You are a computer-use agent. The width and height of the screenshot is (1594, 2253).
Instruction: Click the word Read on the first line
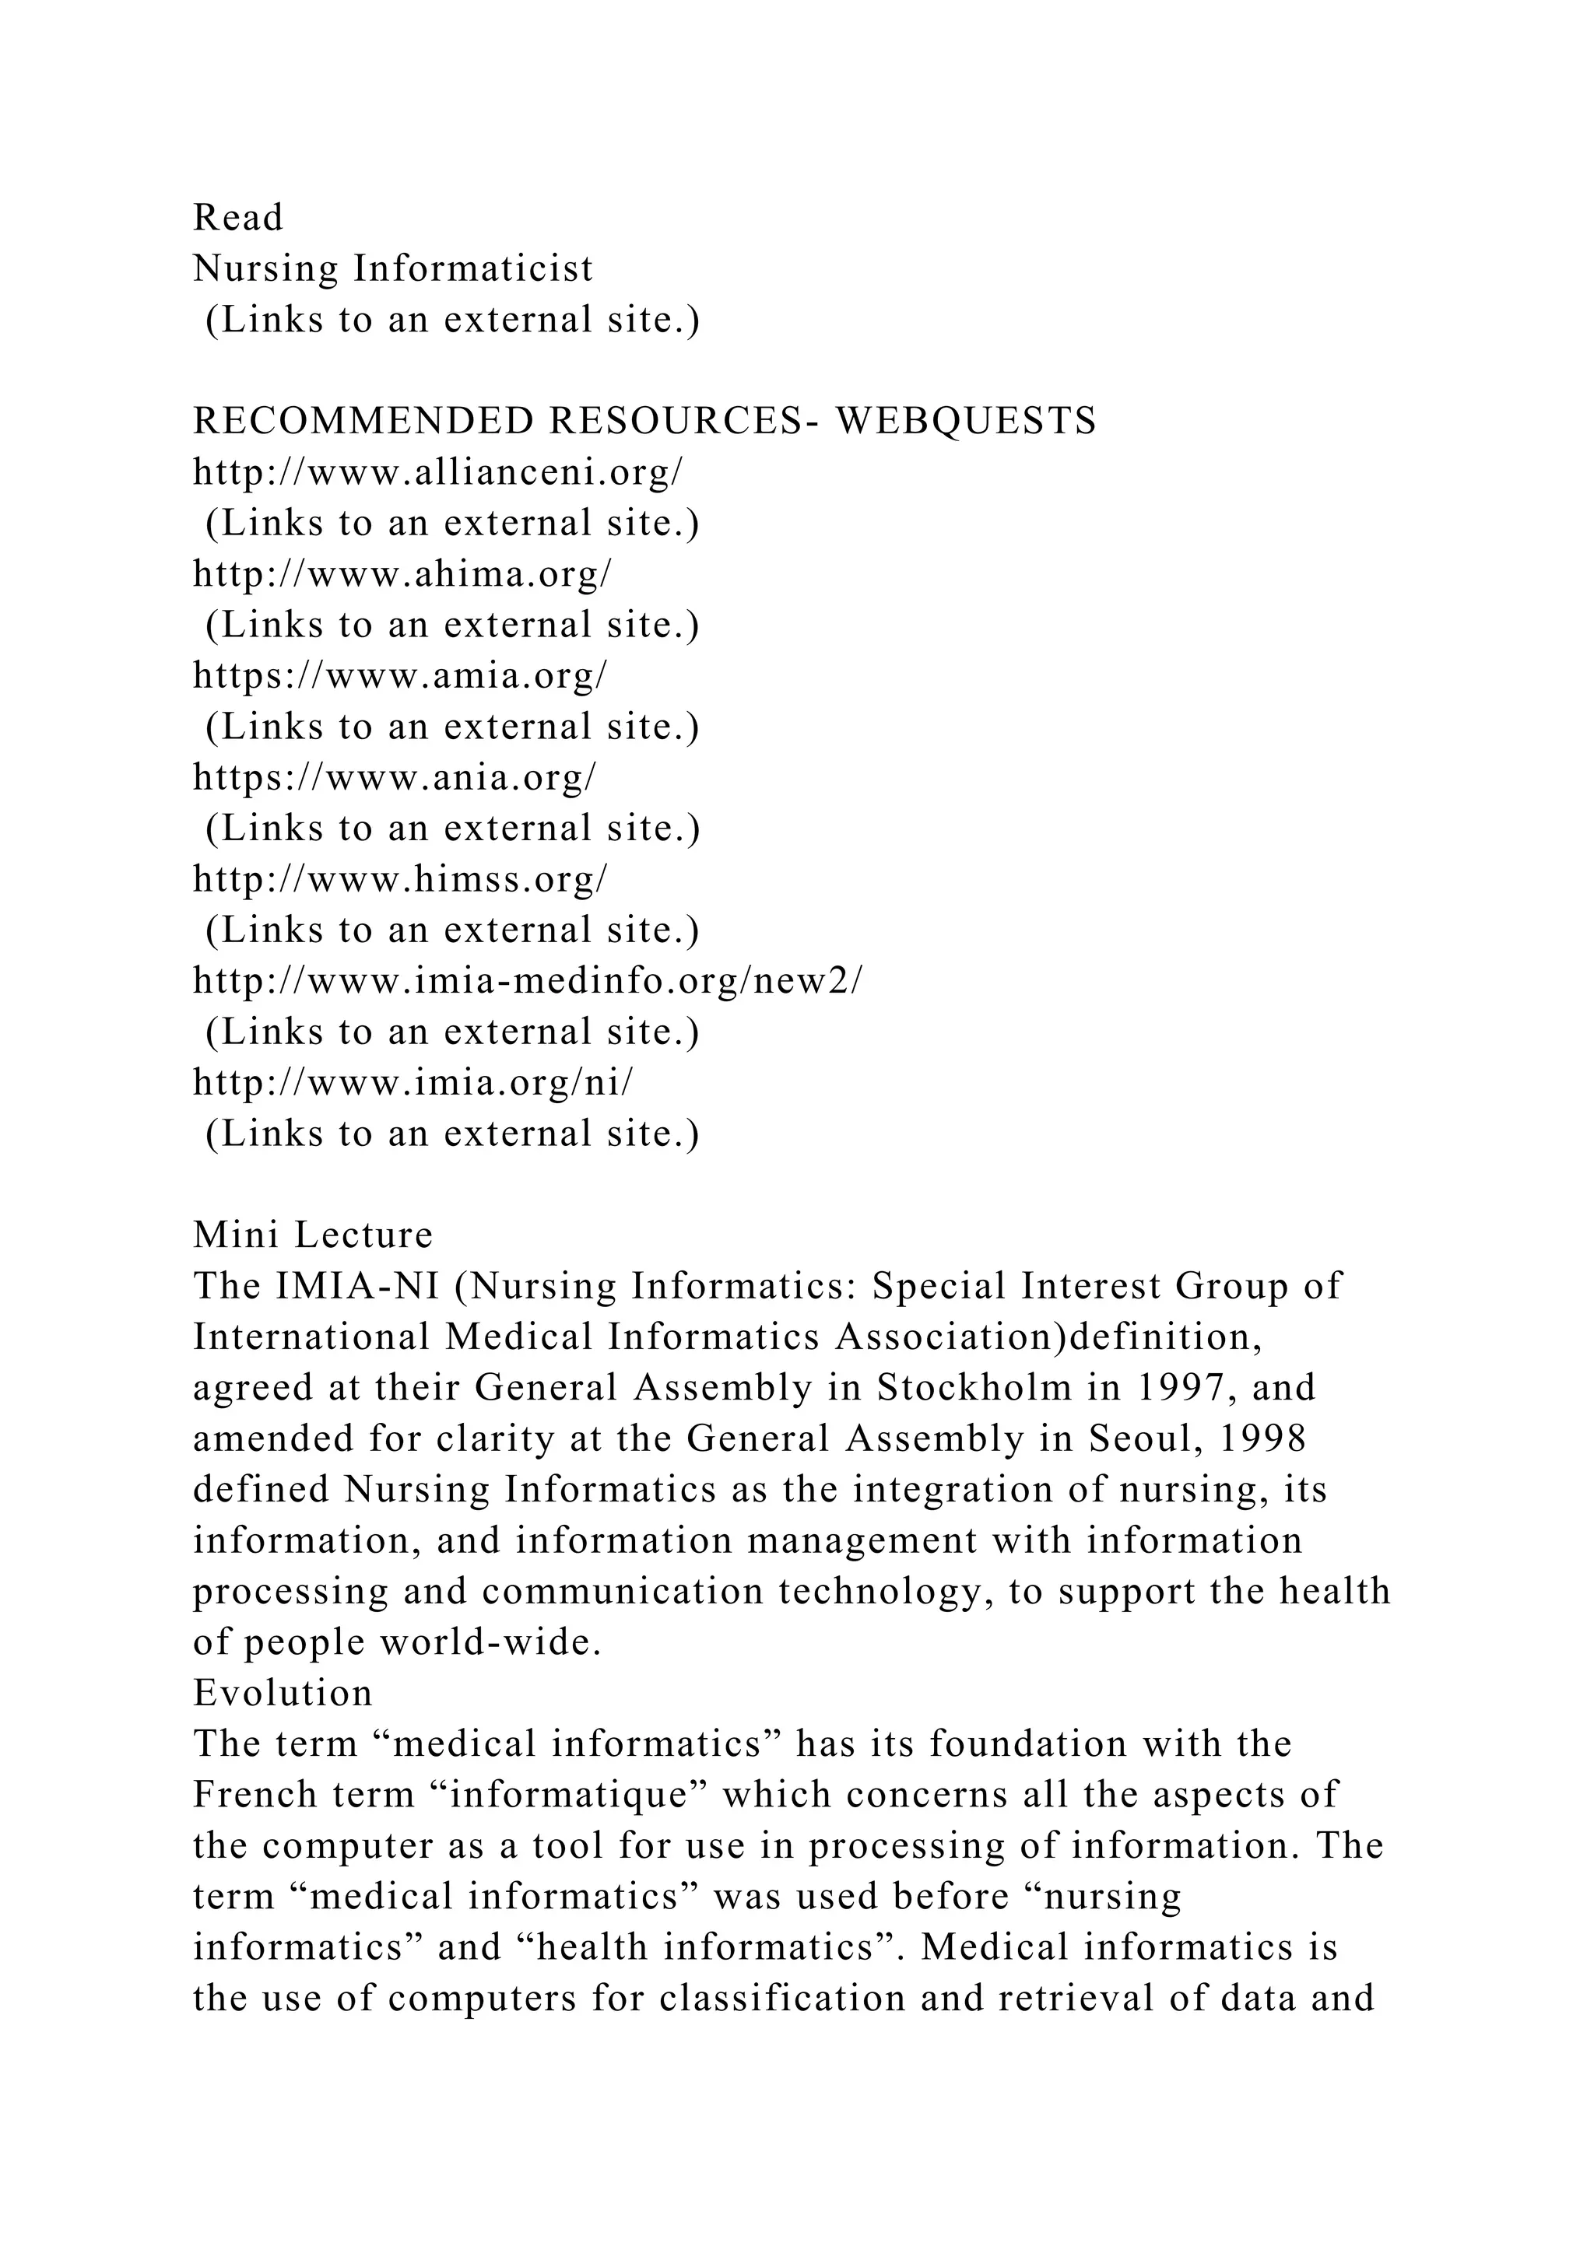pyautogui.click(x=237, y=218)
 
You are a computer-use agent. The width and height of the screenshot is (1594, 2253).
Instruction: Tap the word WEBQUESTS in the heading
pyautogui.click(x=966, y=421)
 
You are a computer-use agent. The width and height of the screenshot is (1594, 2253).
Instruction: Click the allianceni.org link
pyautogui.click(x=437, y=472)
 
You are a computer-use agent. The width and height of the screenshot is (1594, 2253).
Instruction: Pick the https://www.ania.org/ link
pyautogui.click(x=395, y=777)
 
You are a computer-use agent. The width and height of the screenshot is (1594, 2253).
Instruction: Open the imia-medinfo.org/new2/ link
pyautogui.click(x=528, y=980)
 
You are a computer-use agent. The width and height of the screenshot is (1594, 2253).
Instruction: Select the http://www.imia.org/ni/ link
pyautogui.click(x=413, y=1082)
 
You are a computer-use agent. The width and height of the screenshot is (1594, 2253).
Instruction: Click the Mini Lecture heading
pyautogui.click(x=313, y=1235)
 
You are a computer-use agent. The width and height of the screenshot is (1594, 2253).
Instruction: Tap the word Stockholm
pyautogui.click(x=974, y=1388)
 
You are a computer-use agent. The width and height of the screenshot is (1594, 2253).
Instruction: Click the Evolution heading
pyautogui.click(x=283, y=1693)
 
